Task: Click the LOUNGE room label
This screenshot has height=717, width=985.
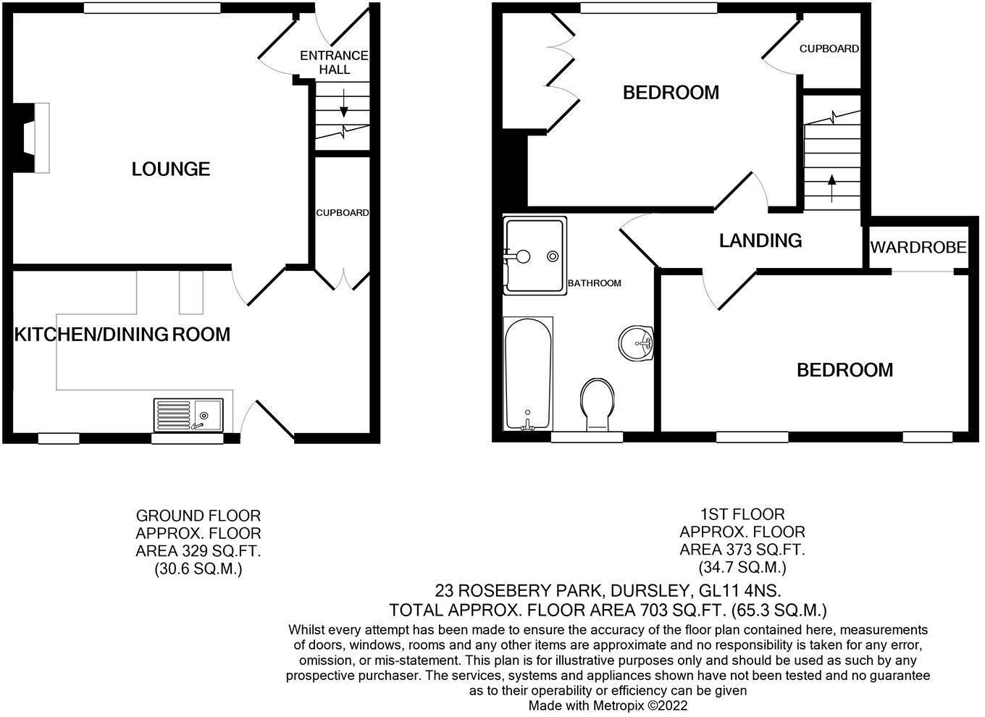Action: point(171,169)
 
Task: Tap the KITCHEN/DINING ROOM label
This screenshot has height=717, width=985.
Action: point(122,335)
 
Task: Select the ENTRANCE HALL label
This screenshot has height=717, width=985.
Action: point(334,63)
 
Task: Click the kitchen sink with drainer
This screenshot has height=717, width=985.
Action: point(189,415)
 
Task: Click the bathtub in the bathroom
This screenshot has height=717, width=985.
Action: point(527,374)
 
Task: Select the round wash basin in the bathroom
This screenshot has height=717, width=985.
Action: point(637,342)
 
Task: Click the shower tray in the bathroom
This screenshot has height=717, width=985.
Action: point(534,256)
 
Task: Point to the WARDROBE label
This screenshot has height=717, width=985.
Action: point(918,248)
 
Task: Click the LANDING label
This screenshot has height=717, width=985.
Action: point(760,240)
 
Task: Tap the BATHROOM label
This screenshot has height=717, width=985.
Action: point(594,283)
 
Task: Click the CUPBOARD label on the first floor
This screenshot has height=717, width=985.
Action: point(829,49)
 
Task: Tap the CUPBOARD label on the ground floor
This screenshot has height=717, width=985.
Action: point(342,213)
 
